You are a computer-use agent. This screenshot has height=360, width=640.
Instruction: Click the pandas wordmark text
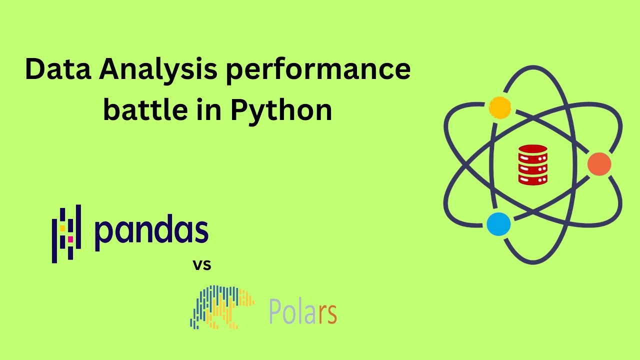[x=151, y=230]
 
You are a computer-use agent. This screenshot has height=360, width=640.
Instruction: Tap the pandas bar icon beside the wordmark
[x=66, y=233]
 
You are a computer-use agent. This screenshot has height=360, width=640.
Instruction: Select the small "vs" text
[x=202, y=265]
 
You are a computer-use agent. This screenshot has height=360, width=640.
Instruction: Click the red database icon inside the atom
[x=533, y=164]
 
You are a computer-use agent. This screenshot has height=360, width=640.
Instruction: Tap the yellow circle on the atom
[x=499, y=108]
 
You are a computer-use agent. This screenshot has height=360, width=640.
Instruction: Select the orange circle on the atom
[x=599, y=164]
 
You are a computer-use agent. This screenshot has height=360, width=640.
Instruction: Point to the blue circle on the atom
[x=498, y=223]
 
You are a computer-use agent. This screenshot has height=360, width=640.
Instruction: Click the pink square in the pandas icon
[x=70, y=239]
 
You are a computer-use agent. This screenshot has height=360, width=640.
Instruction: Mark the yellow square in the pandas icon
[x=62, y=228]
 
